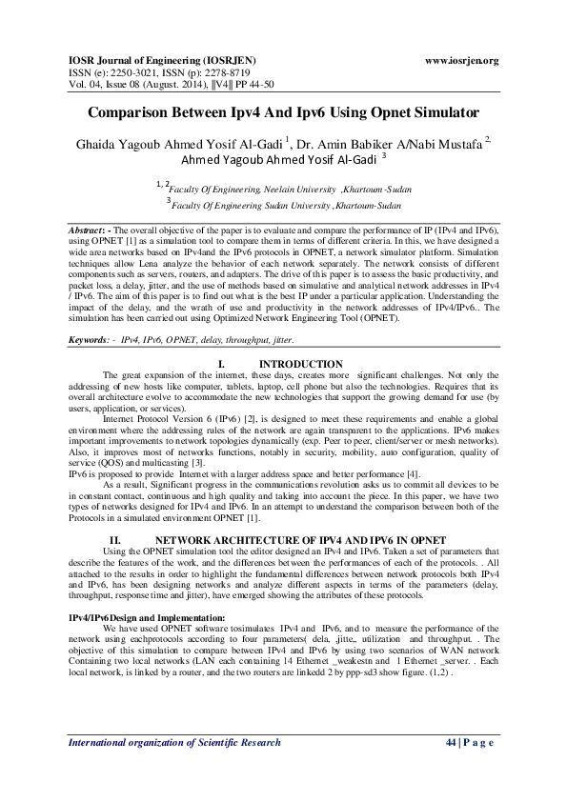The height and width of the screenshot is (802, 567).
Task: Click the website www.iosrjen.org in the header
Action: click(x=461, y=60)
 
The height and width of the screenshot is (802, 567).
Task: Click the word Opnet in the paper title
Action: click(x=387, y=112)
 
